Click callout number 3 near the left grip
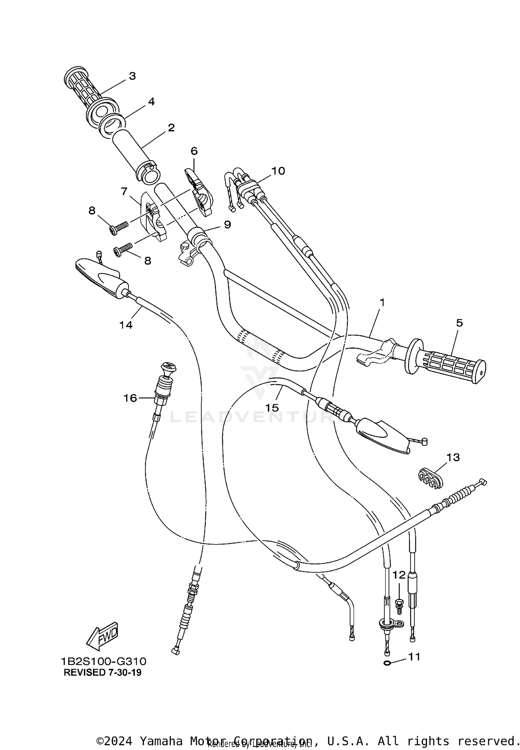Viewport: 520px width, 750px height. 132,76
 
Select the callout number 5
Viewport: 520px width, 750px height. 459,323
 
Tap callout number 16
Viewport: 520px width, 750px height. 130,398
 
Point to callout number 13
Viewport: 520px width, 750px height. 453,457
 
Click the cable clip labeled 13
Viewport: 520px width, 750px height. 430,479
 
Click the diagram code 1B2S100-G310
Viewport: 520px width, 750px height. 104,662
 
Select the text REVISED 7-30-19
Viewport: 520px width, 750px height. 103,672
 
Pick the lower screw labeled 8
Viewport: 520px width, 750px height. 123,250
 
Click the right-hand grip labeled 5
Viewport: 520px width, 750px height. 447,367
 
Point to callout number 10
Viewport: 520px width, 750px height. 278,171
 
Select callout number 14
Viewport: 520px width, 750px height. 126,325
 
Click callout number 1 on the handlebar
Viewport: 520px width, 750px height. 382,302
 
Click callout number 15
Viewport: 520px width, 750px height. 272,408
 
